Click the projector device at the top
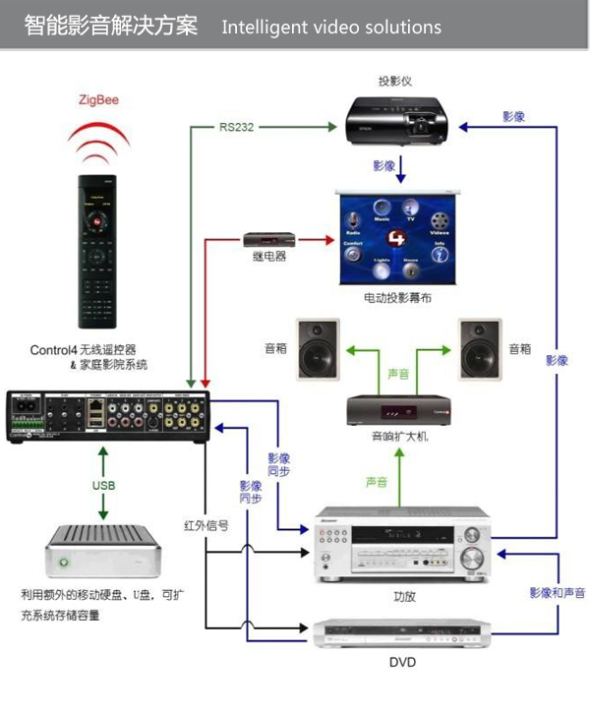pyautogui.click(x=395, y=121)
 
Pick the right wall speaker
pyautogui.click(x=480, y=349)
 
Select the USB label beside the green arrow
pyautogui.click(x=104, y=485)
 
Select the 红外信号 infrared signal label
pyautogui.click(x=206, y=526)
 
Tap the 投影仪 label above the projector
pyautogui.click(x=395, y=81)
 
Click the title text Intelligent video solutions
pyautogui.click(x=331, y=26)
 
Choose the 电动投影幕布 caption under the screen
pyautogui.click(x=395, y=296)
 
